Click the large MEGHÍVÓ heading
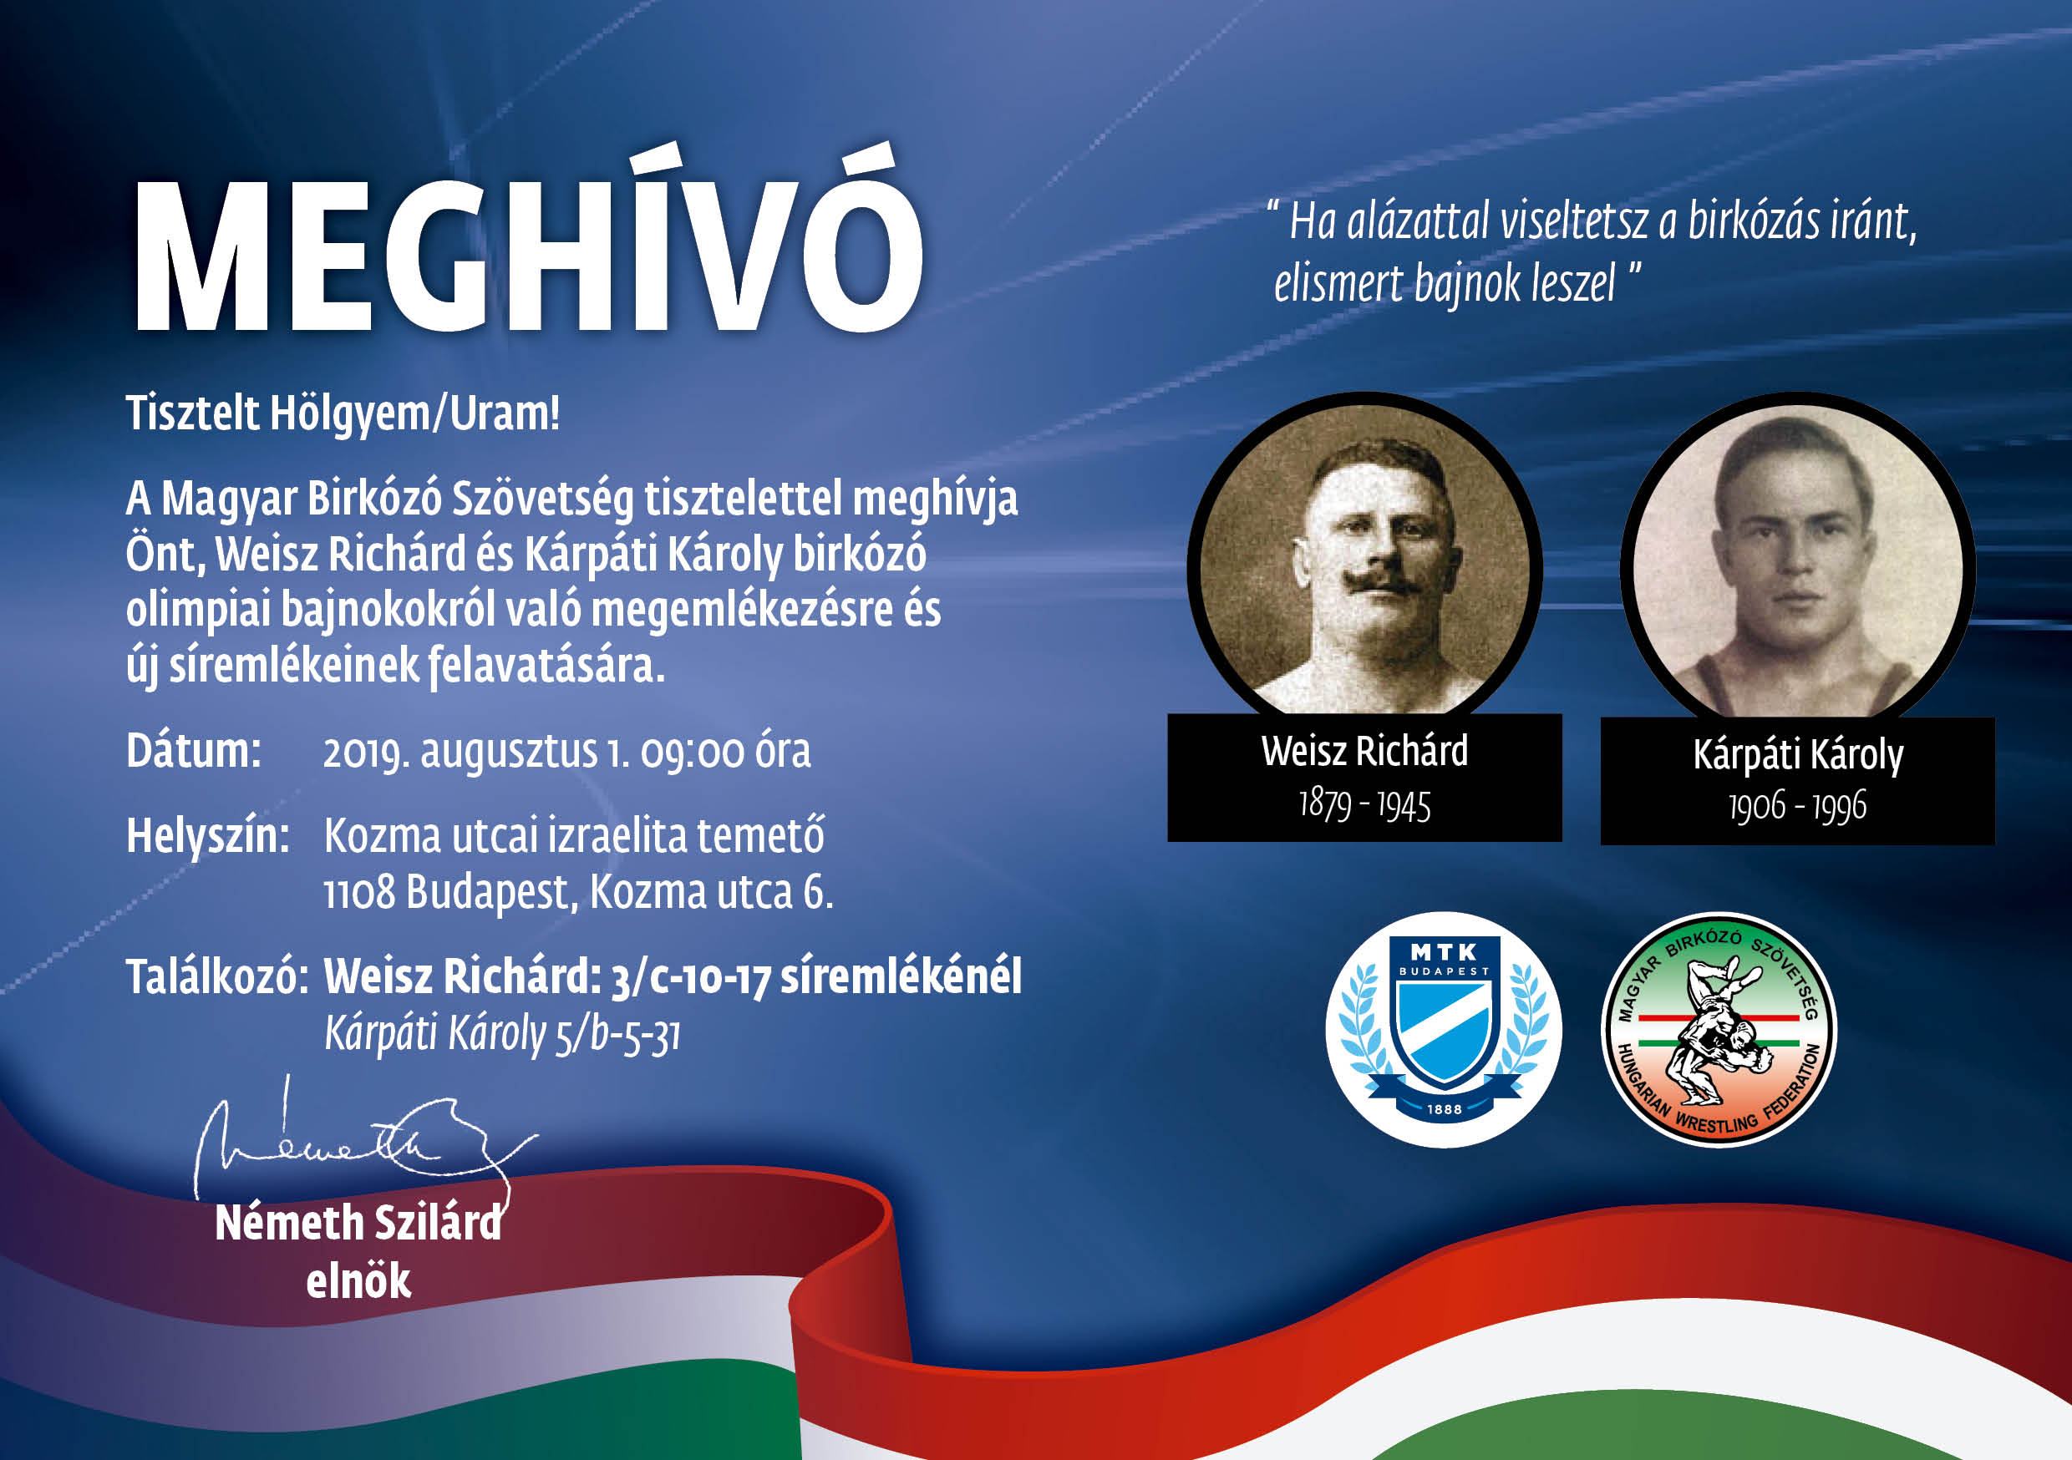[x=528, y=244]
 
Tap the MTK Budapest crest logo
[x=1443, y=1030]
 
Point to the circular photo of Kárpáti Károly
[x=1798, y=563]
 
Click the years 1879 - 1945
[x=1364, y=804]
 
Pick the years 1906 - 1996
[x=1798, y=806]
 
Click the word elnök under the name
[x=358, y=1281]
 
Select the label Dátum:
[x=194, y=751]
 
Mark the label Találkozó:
[x=217, y=977]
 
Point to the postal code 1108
[x=359, y=892]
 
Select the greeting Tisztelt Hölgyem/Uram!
[x=343, y=414]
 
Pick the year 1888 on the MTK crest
[x=1444, y=1109]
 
